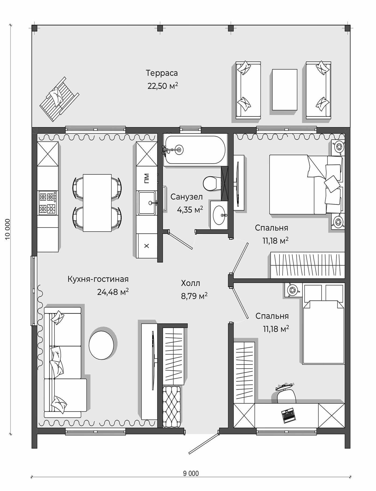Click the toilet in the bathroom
tap(210, 183)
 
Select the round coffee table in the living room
tap(101, 345)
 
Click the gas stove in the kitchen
tap(48, 203)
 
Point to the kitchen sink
tap(147, 203)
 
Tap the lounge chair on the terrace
tap(59, 99)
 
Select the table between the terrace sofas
tap(284, 90)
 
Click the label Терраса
tap(162, 73)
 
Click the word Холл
tap(190, 283)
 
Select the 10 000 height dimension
tap(8, 229)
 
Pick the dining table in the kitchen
tap(97, 203)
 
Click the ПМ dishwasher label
tap(147, 178)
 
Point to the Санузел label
tap(186, 197)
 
